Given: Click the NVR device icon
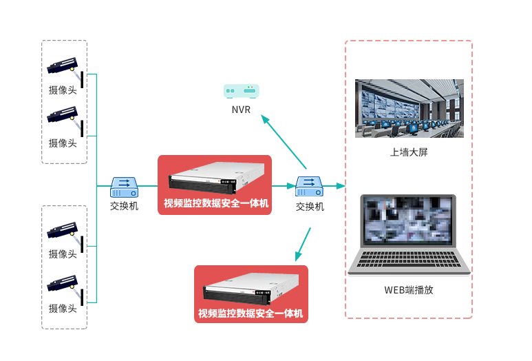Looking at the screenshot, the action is coord(242,92).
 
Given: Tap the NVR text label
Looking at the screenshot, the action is coord(242,110).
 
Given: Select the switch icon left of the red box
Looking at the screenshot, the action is coord(124,187).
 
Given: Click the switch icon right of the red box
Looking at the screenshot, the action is coord(309,187).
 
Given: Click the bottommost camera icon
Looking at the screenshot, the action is coord(65,289).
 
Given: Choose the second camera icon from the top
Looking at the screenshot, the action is coord(65,121).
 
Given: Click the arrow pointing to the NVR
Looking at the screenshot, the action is coord(284,142).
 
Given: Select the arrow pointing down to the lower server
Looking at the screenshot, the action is coord(303,244).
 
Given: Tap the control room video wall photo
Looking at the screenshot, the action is coord(409,108).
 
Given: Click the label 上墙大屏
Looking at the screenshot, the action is coord(409,152).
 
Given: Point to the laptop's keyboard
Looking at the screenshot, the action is coord(409,259).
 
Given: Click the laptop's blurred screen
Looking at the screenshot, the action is coord(408,220).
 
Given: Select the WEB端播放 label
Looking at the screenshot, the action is coord(409,290).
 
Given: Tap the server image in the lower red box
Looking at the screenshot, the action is coord(251,289).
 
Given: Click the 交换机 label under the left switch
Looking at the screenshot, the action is coord(124,206).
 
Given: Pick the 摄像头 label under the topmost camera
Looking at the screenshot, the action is coord(63,90).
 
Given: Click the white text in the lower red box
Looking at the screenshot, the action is coord(251,313).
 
